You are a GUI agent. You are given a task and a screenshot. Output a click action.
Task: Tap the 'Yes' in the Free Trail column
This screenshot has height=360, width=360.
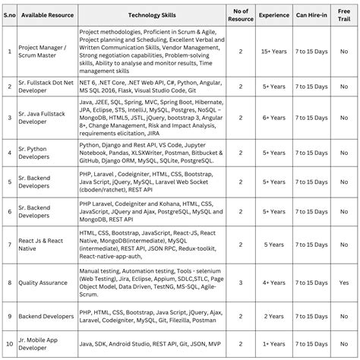coord(344,281)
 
